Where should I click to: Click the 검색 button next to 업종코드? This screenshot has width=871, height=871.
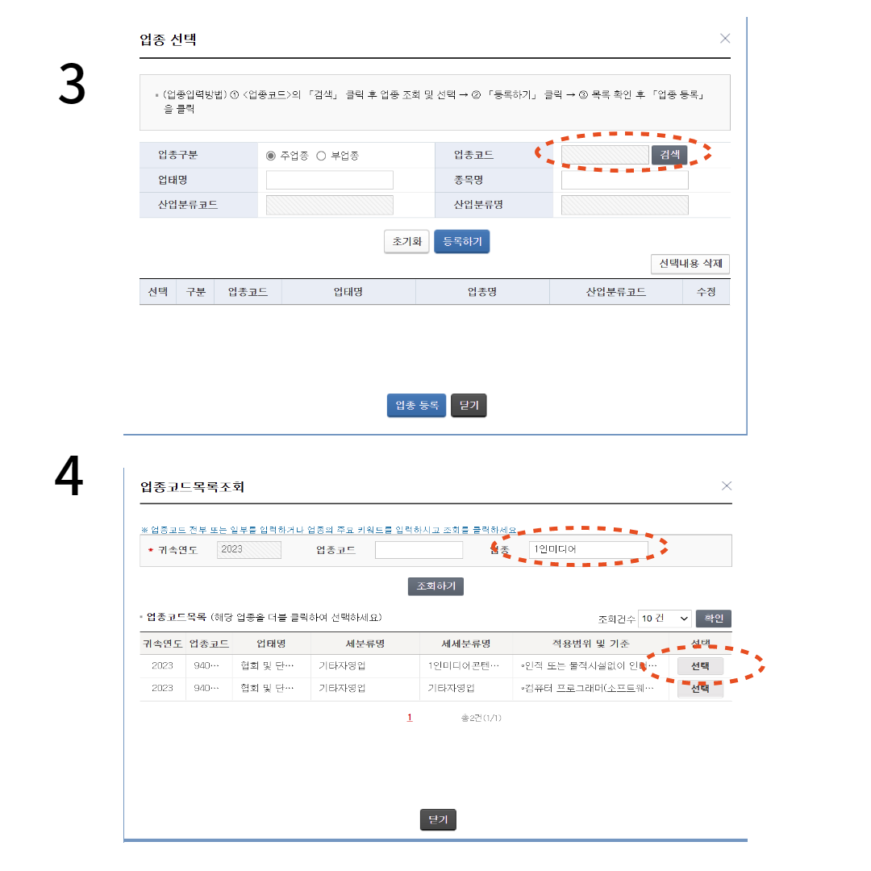(669, 155)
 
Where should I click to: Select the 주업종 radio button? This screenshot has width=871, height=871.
(271, 156)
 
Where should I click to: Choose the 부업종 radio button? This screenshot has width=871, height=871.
(321, 156)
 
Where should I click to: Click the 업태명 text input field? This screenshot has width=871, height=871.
(329, 180)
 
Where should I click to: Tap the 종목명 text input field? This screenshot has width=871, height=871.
(624, 180)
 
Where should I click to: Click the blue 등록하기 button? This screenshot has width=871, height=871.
(461, 241)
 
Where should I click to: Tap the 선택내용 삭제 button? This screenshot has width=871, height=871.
(690, 264)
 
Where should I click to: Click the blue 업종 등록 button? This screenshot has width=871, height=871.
(416, 405)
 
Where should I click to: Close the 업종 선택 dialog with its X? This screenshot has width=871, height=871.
(725, 38)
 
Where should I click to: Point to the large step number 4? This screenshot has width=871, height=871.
(69, 477)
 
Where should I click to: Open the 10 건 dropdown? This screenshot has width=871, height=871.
(665, 619)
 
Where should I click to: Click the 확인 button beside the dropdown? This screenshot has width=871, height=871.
(713, 619)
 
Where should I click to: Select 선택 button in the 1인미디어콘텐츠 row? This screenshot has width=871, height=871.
(700, 666)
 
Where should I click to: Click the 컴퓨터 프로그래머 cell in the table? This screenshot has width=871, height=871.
(589, 688)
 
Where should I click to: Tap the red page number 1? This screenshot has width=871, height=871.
(410, 717)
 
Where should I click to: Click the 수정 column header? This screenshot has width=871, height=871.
(706, 292)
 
